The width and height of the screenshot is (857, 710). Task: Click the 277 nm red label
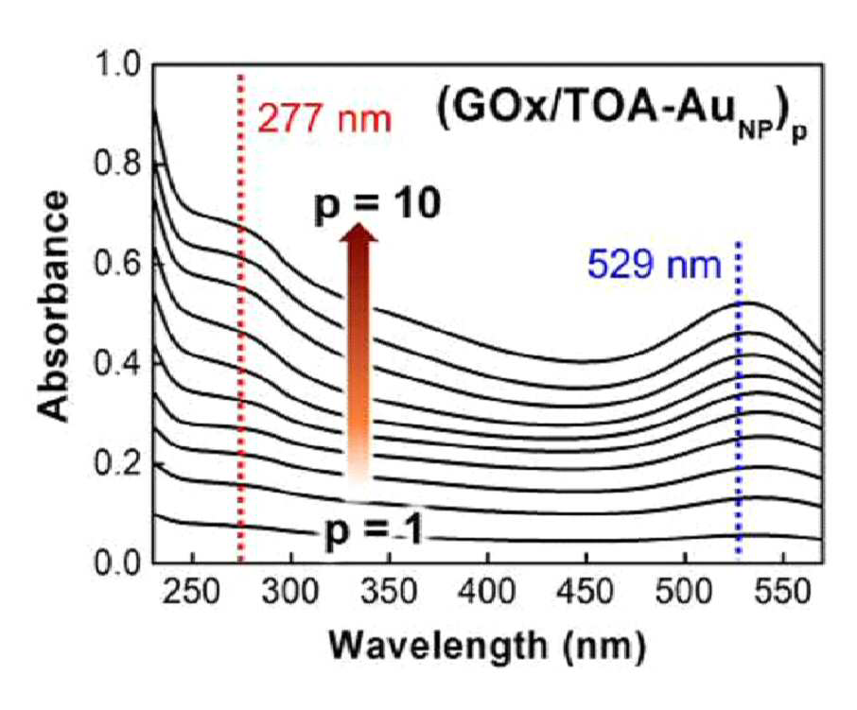(x=324, y=118)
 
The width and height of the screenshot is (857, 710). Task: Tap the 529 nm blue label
(x=655, y=265)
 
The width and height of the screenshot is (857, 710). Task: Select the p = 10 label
(x=377, y=205)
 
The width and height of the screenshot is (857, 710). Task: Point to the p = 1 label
(x=374, y=531)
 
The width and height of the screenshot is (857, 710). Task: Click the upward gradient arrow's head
(x=359, y=232)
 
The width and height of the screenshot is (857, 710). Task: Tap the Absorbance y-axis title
(x=54, y=306)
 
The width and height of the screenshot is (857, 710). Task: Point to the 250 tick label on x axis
(x=192, y=593)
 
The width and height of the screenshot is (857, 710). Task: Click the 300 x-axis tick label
(x=290, y=593)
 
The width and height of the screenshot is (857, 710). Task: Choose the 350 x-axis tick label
(x=389, y=593)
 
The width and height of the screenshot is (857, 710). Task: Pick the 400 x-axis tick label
(x=487, y=593)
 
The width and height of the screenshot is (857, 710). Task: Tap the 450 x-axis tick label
(x=586, y=593)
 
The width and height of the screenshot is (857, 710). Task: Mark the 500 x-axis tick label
(x=684, y=593)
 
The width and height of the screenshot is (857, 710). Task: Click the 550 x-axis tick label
(x=782, y=593)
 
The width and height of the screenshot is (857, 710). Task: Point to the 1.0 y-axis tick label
(x=118, y=65)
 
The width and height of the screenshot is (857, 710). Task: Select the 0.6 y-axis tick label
(x=118, y=264)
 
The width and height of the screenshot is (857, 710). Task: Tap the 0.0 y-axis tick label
(x=118, y=562)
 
